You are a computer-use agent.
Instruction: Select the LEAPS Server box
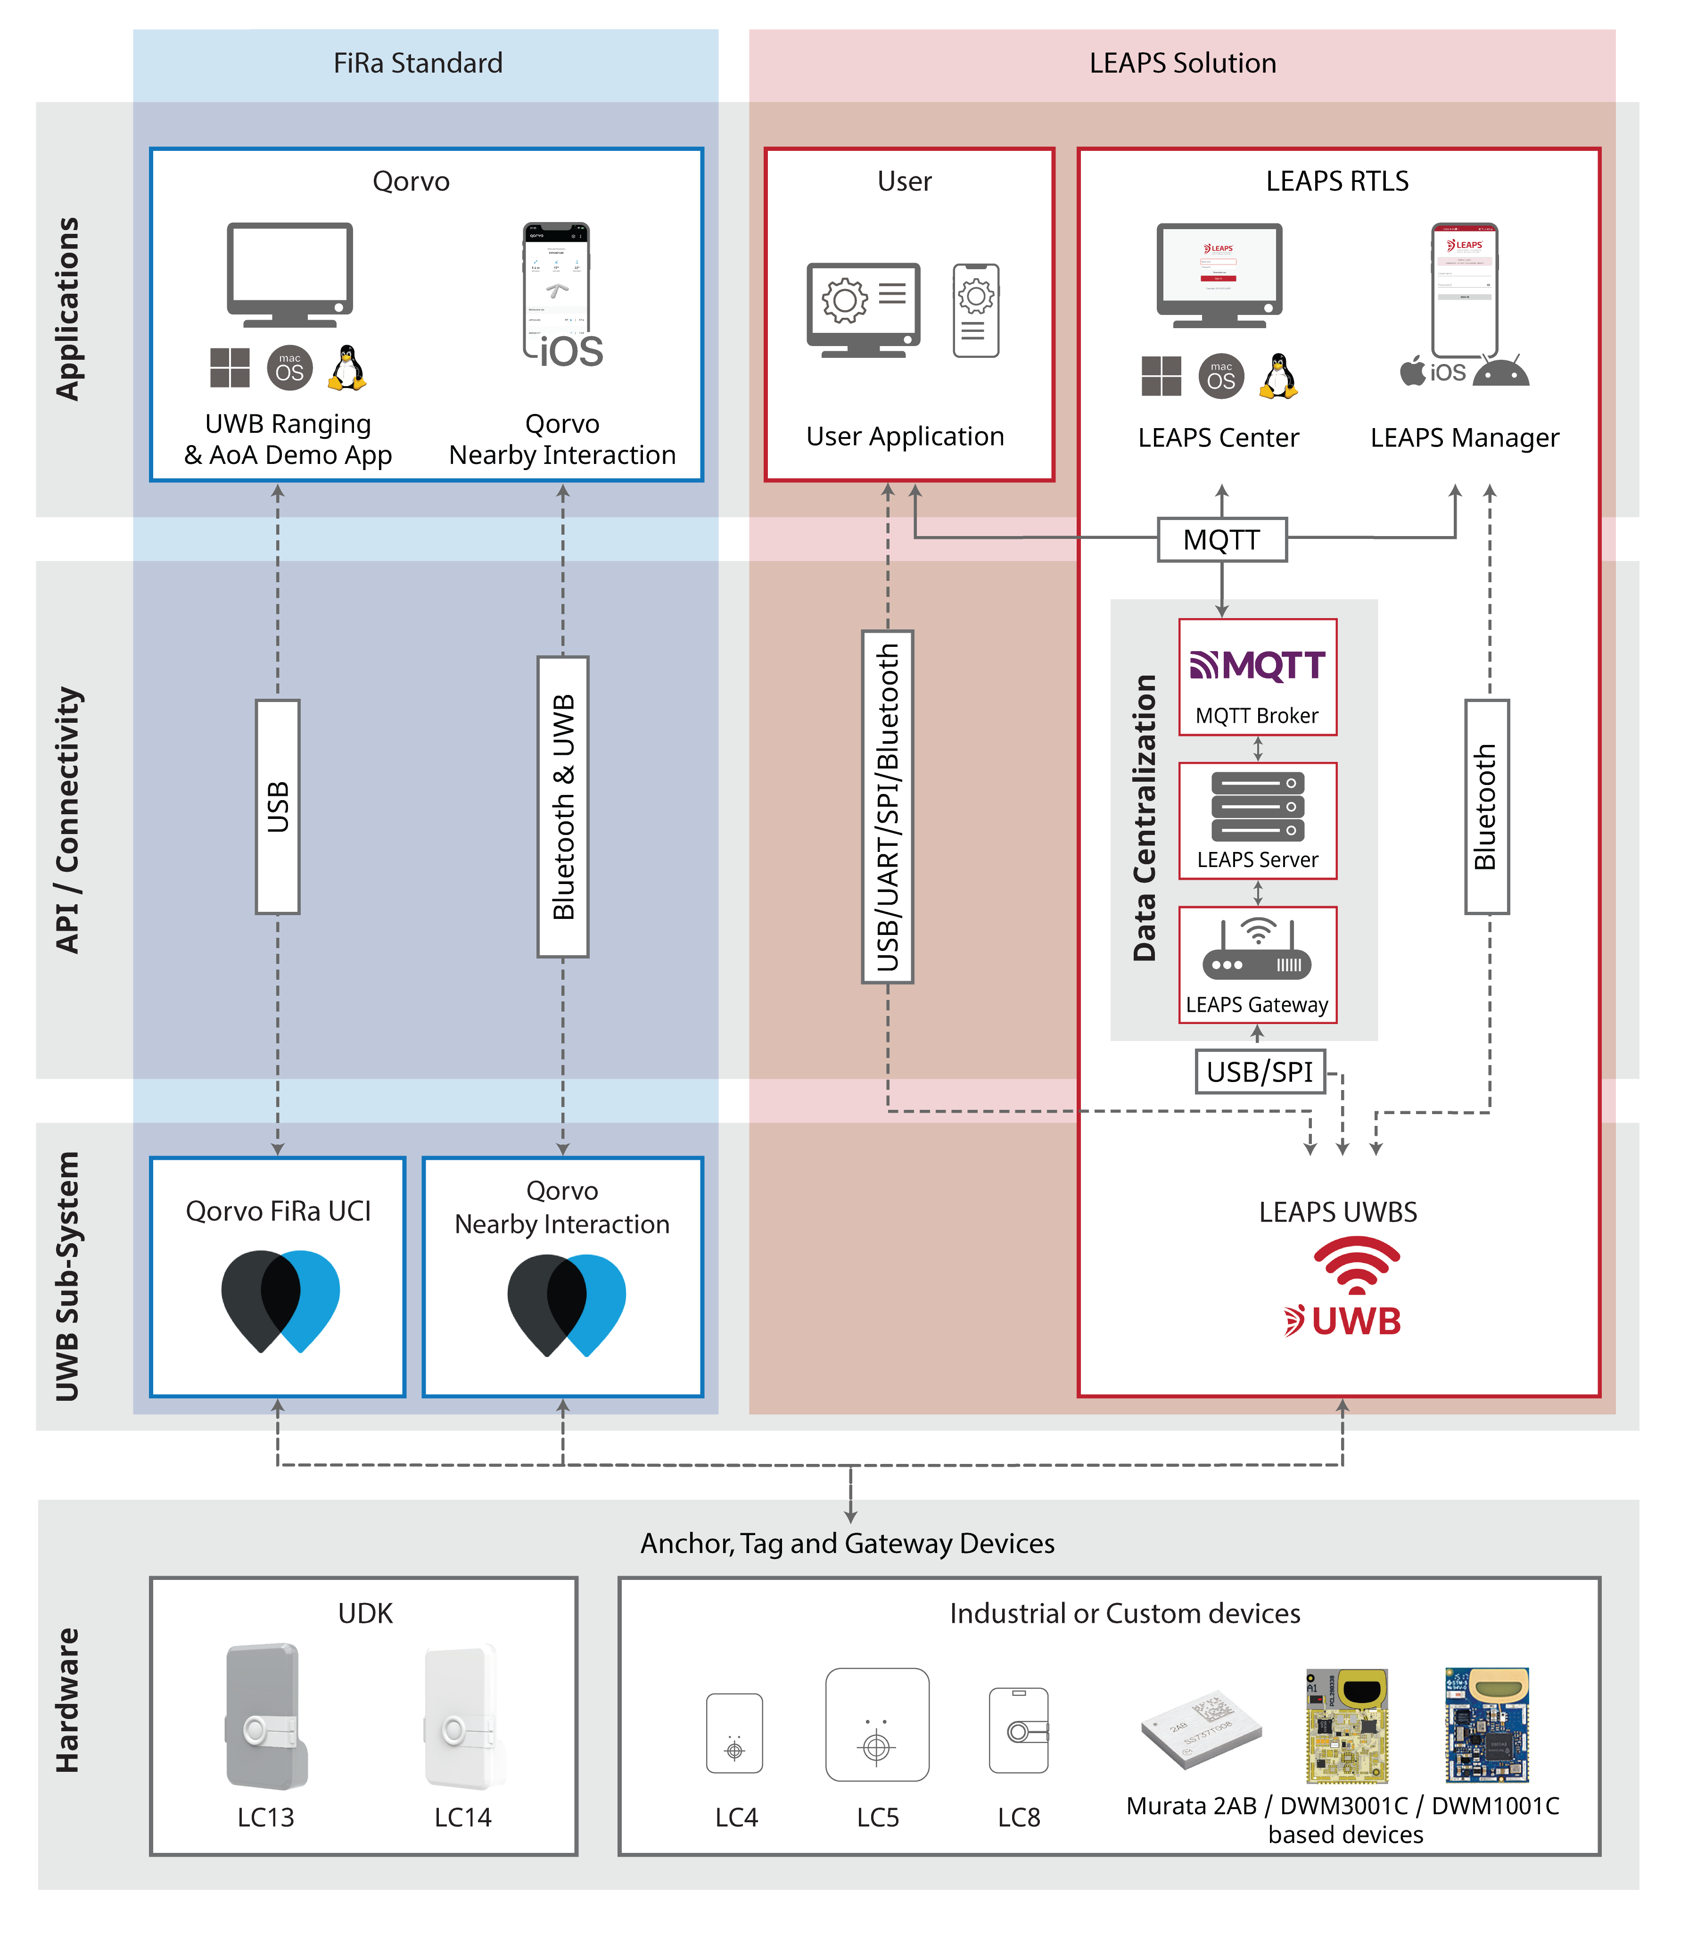point(1257,820)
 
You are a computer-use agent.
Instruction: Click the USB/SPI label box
point(1260,1071)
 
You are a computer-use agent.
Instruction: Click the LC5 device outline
point(877,1724)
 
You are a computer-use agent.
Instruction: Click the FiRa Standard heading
point(418,64)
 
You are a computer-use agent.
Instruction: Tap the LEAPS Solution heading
point(1182,64)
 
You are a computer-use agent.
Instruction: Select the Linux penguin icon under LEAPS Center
point(1278,376)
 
